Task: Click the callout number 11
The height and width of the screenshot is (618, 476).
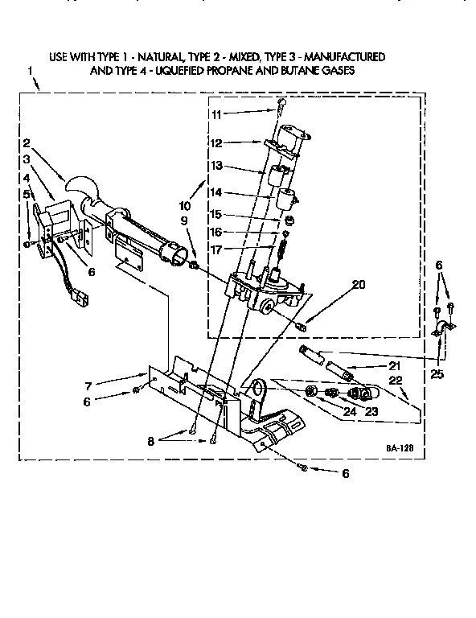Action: click(216, 114)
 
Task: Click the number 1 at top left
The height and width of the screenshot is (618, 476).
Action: click(30, 72)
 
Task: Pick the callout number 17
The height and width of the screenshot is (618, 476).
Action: click(216, 249)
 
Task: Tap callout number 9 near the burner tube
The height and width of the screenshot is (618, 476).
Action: click(184, 220)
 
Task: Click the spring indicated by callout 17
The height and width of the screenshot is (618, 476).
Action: click(283, 251)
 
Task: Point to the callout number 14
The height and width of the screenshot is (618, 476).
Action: click(216, 193)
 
